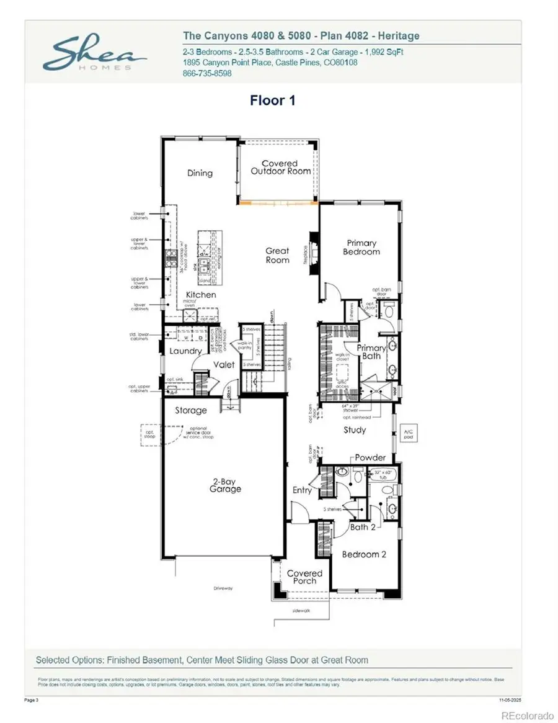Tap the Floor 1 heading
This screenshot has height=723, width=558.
[x=272, y=101]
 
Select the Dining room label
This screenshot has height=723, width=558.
[x=200, y=173]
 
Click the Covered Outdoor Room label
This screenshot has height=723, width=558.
[x=280, y=168]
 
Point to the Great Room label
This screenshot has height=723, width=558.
[x=277, y=255]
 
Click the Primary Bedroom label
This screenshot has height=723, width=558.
[x=361, y=248]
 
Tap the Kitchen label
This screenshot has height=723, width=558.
[x=201, y=294]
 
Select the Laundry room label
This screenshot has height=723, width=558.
[x=185, y=351]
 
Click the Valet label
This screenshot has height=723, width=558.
[x=224, y=364]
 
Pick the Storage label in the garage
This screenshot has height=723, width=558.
[x=190, y=410]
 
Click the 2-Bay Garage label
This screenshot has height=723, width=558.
[x=224, y=485]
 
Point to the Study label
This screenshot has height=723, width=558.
[x=355, y=429]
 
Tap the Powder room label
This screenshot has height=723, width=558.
[x=370, y=457]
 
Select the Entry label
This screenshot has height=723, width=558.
[x=302, y=490]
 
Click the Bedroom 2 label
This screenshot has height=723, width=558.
[x=365, y=554]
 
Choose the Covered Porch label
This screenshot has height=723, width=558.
[x=304, y=577]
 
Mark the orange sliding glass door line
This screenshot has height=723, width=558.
[x=279, y=202]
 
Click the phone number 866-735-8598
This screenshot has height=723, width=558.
[x=207, y=73]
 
